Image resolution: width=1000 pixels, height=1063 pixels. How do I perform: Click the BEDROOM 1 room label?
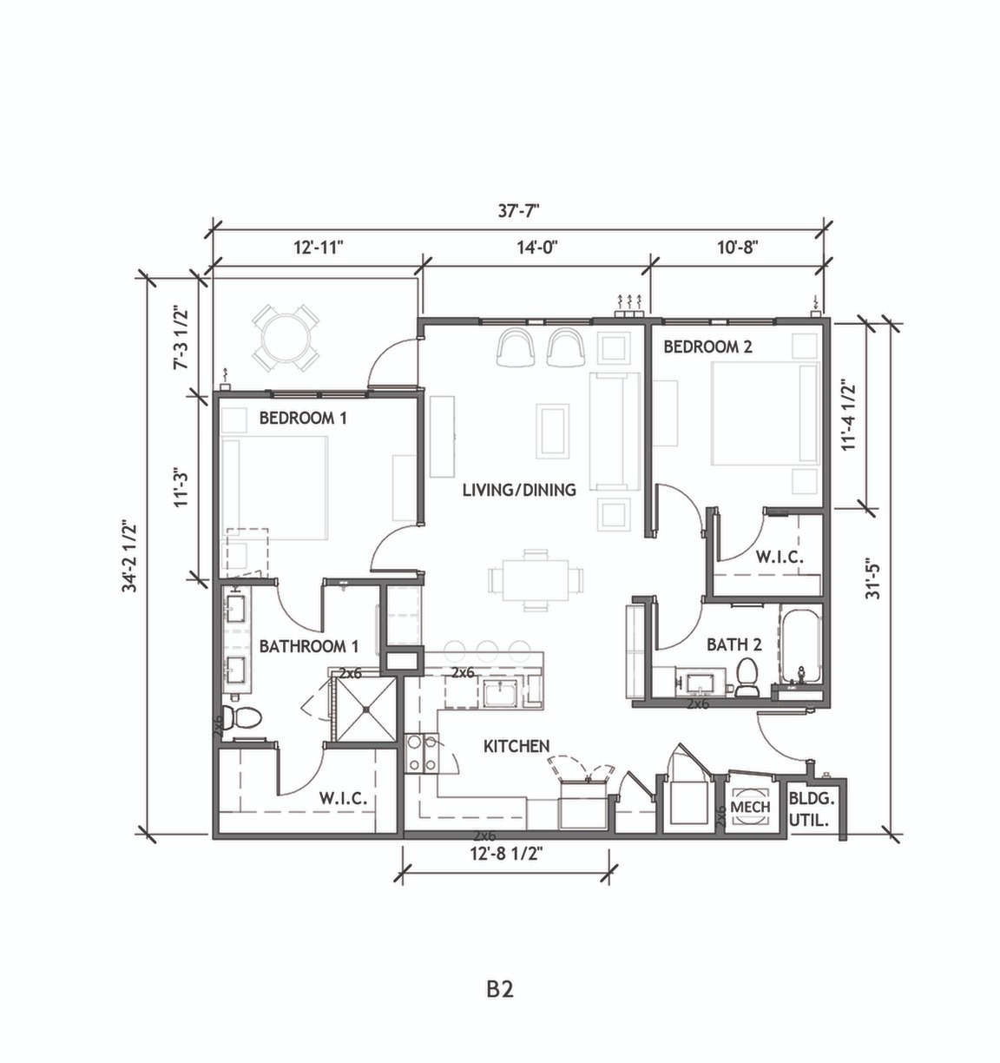(303, 418)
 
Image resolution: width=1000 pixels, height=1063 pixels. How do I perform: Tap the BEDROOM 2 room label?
(707, 347)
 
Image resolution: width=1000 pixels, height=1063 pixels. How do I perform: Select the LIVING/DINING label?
(519, 490)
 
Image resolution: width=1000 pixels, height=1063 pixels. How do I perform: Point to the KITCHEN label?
(516, 746)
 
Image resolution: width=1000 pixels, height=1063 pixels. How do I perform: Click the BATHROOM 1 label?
(308, 646)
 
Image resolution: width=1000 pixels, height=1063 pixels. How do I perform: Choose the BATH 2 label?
(734, 644)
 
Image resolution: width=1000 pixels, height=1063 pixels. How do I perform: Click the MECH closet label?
(751, 807)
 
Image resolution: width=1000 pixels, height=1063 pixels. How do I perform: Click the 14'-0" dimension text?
(536, 247)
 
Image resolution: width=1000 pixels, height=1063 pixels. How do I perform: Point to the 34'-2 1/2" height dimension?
(131, 556)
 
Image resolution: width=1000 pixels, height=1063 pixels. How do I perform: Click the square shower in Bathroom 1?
(365, 710)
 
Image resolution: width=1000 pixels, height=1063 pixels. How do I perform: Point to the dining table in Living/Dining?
(535, 578)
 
